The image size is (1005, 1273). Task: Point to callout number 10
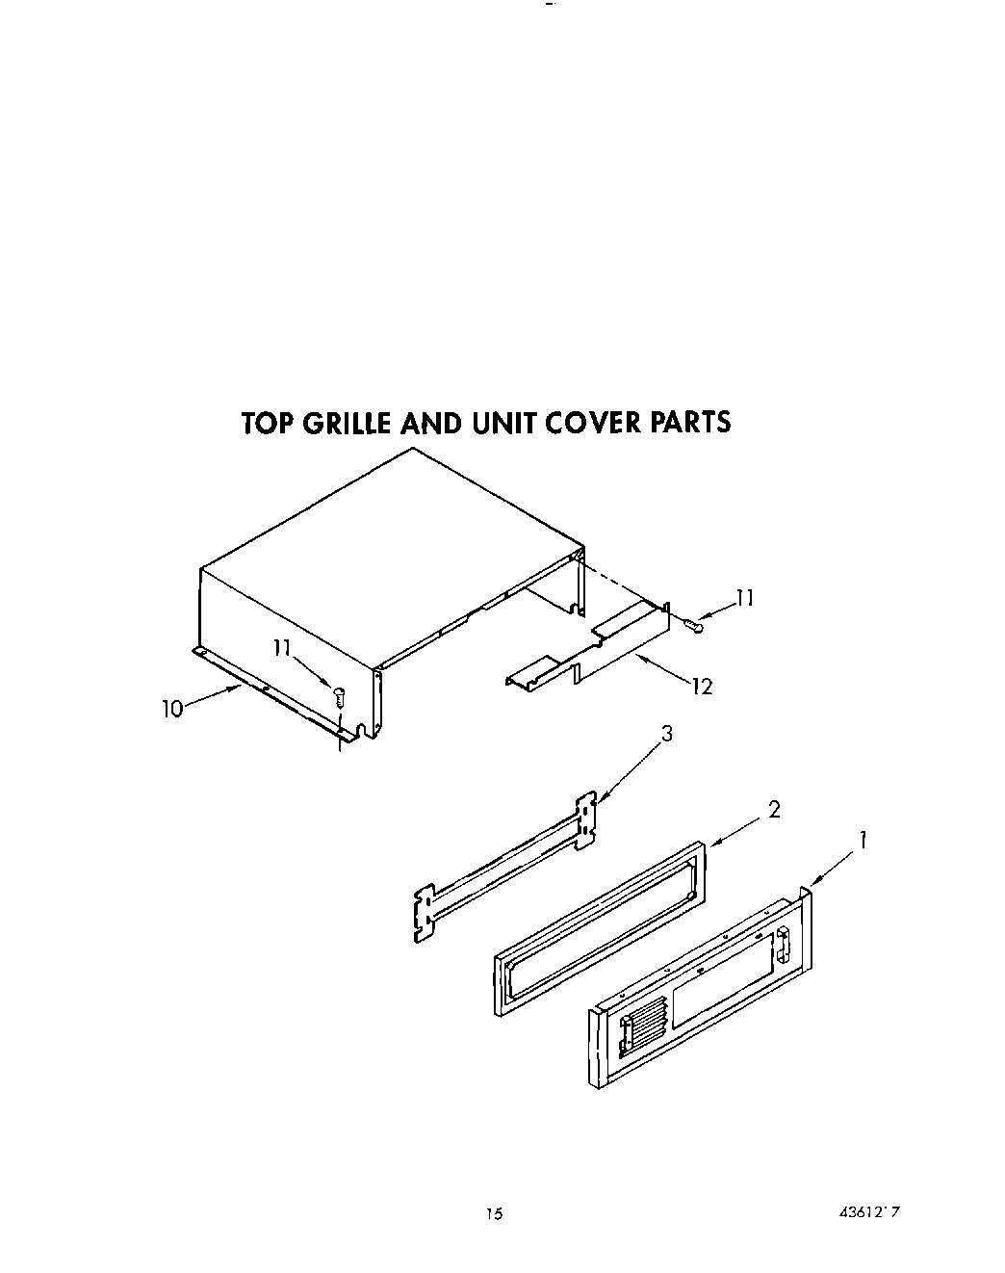pos(171,710)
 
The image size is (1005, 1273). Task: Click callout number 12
pos(703,687)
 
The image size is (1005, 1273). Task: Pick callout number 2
pos(773,810)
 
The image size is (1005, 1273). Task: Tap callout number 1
pos(863,842)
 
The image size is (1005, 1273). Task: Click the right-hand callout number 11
pos(743,599)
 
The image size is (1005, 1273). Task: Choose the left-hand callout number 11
pos(281,648)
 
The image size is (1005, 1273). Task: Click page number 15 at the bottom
pos(493,1214)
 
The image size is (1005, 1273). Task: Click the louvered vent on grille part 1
pos(641,1021)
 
